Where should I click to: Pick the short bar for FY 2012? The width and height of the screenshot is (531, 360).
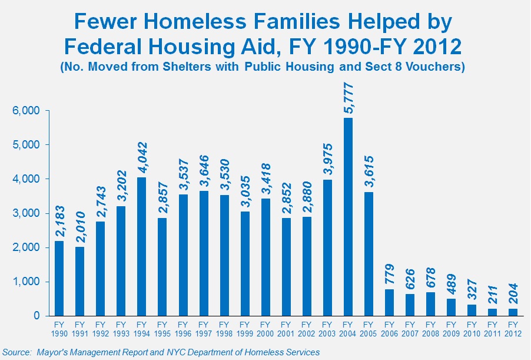(513, 312)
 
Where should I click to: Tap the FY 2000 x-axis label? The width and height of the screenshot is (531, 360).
(265, 329)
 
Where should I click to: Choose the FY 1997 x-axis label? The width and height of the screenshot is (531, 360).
(203, 329)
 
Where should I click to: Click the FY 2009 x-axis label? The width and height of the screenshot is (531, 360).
(452, 329)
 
